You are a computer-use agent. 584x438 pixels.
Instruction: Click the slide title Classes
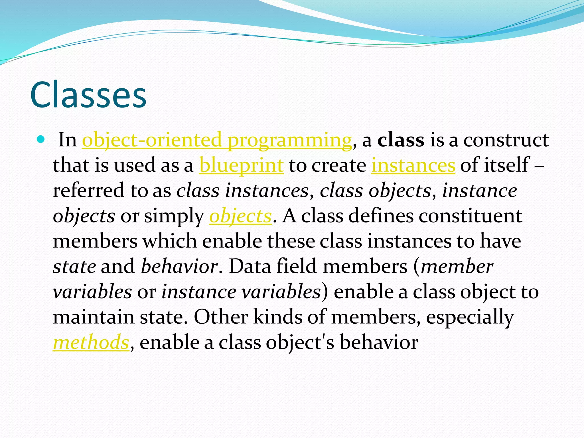(88, 95)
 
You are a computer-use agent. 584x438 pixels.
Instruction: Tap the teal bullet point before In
(41, 140)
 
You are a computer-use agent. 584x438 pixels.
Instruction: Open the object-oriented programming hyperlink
(217, 140)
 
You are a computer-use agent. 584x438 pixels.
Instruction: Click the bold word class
(401, 140)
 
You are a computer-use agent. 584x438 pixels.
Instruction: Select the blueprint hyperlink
(241, 165)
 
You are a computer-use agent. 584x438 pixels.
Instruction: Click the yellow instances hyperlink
(413, 165)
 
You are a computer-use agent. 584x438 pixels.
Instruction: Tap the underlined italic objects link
(240, 216)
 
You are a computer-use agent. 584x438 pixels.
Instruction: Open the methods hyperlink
(91, 342)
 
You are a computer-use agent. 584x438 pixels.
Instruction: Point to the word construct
(506, 140)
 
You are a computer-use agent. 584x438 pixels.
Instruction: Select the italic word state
(74, 267)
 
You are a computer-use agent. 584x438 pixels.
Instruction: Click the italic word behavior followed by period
(180, 267)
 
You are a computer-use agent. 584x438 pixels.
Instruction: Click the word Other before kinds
(221, 317)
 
